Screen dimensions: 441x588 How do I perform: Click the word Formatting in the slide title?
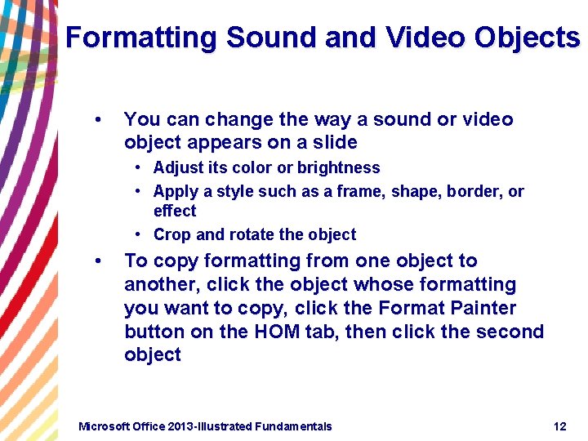coord(141,38)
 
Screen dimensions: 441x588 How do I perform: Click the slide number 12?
coord(559,426)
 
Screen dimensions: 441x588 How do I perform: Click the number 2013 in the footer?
coord(187,426)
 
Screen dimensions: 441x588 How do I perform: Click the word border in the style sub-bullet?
coord(471,192)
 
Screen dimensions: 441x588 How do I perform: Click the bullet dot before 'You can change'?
coord(98,120)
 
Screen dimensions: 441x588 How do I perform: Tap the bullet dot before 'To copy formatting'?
coord(98,261)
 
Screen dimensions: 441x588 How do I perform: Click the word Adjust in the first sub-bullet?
coord(176,168)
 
